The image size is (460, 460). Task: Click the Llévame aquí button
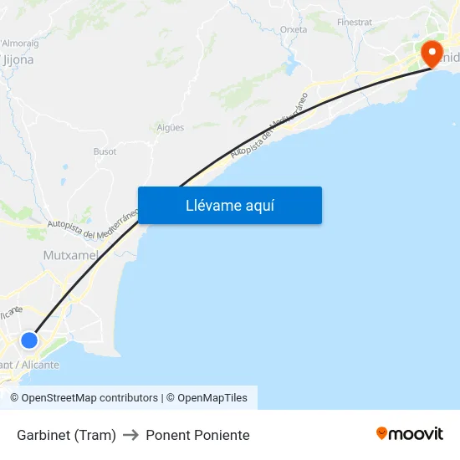tap(229, 205)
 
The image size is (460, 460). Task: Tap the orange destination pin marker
tap(432, 54)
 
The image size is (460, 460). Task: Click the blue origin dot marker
tap(29, 340)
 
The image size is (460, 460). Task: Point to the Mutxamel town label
tap(70, 254)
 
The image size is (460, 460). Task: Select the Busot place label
tap(105, 151)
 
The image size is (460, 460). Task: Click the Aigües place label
tap(171, 127)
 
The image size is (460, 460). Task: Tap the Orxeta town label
tap(294, 29)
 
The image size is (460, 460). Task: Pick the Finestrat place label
tap(354, 21)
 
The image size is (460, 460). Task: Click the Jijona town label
tap(18, 60)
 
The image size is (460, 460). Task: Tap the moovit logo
tap(409, 433)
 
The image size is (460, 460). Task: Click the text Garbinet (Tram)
tap(66, 435)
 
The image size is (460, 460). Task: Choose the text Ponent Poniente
tap(197, 435)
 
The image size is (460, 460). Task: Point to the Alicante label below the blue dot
tap(30, 365)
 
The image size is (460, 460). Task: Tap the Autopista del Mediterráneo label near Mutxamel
tap(91, 226)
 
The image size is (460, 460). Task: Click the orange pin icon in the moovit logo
tap(382, 433)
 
